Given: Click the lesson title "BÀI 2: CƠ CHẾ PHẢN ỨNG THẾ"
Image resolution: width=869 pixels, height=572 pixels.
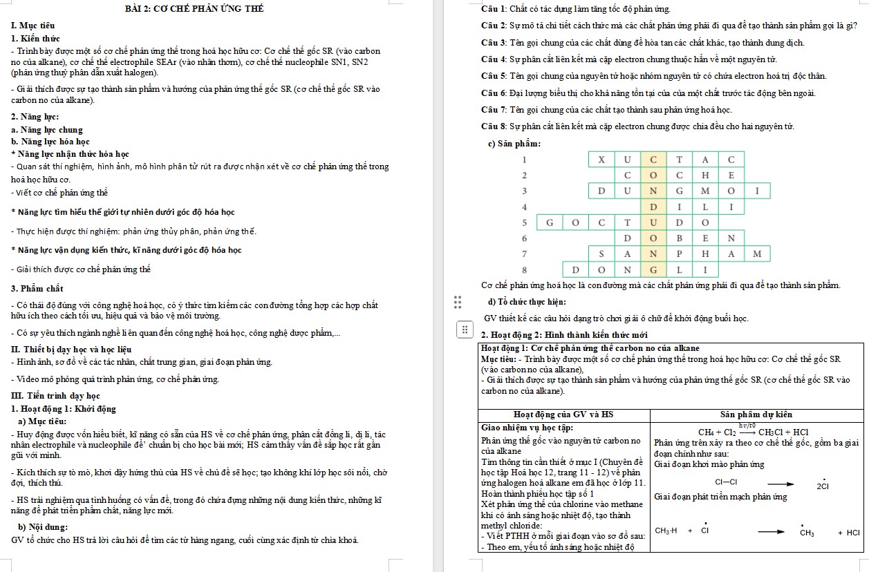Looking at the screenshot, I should [x=194, y=9].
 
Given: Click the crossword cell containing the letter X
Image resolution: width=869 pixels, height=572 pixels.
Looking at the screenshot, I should [x=601, y=160].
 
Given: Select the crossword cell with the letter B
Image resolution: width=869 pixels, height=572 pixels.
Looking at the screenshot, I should [x=679, y=238].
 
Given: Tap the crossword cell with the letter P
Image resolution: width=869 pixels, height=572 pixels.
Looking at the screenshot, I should [x=679, y=254].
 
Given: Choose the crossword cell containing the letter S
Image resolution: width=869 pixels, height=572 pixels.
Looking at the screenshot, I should [x=601, y=254].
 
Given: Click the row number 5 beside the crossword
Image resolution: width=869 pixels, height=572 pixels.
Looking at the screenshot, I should [x=524, y=222].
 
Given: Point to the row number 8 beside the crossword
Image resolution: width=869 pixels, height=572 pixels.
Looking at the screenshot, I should [x=524, y=269].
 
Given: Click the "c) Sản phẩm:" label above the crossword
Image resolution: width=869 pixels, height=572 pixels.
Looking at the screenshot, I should [x=514, y=143].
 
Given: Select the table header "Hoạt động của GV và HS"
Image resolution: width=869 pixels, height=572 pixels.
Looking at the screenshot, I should [x=564, y=414].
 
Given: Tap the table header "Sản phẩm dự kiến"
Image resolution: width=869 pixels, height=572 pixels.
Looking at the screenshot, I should [x=756, y=414].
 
